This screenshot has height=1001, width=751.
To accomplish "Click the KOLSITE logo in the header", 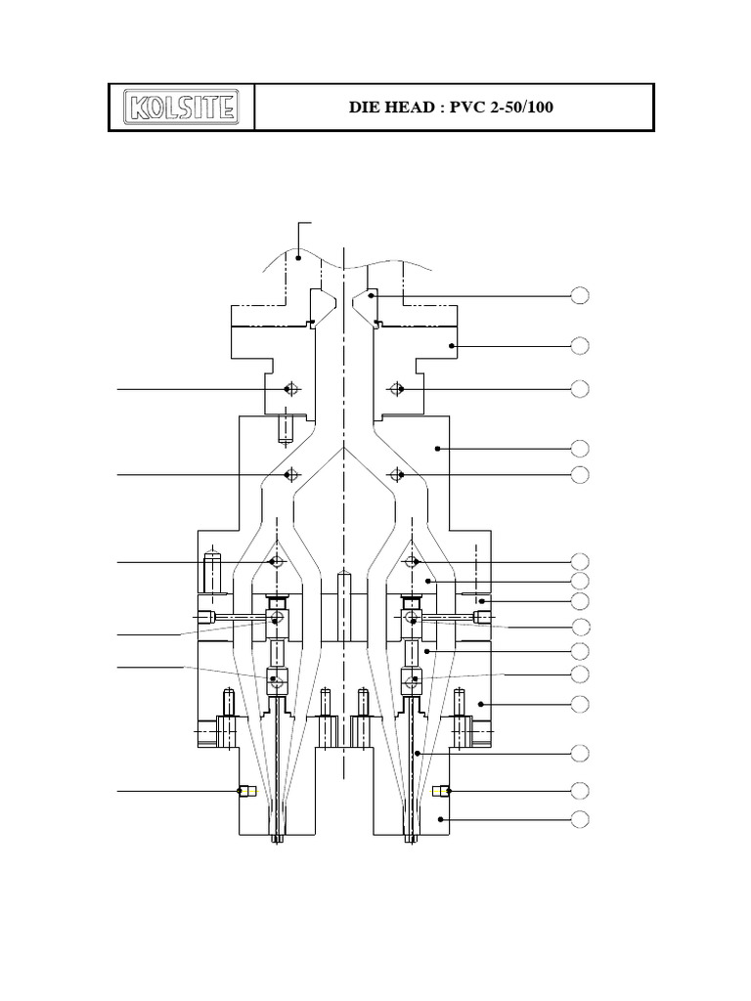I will point(181,107).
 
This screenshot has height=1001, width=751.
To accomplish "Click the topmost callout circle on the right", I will point(580,295).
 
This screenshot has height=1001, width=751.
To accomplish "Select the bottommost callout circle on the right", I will point(580,818).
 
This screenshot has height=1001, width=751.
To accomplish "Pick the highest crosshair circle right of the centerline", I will point(396,389).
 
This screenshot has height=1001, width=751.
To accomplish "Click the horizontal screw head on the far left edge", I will point(205,617).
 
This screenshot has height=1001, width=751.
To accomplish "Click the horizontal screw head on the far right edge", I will point(482,616).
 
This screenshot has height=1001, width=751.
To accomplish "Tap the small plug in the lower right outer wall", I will point(440,791).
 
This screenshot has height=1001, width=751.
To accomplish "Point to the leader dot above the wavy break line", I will point(298,258).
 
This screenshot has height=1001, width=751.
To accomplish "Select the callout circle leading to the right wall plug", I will point(580,790).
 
